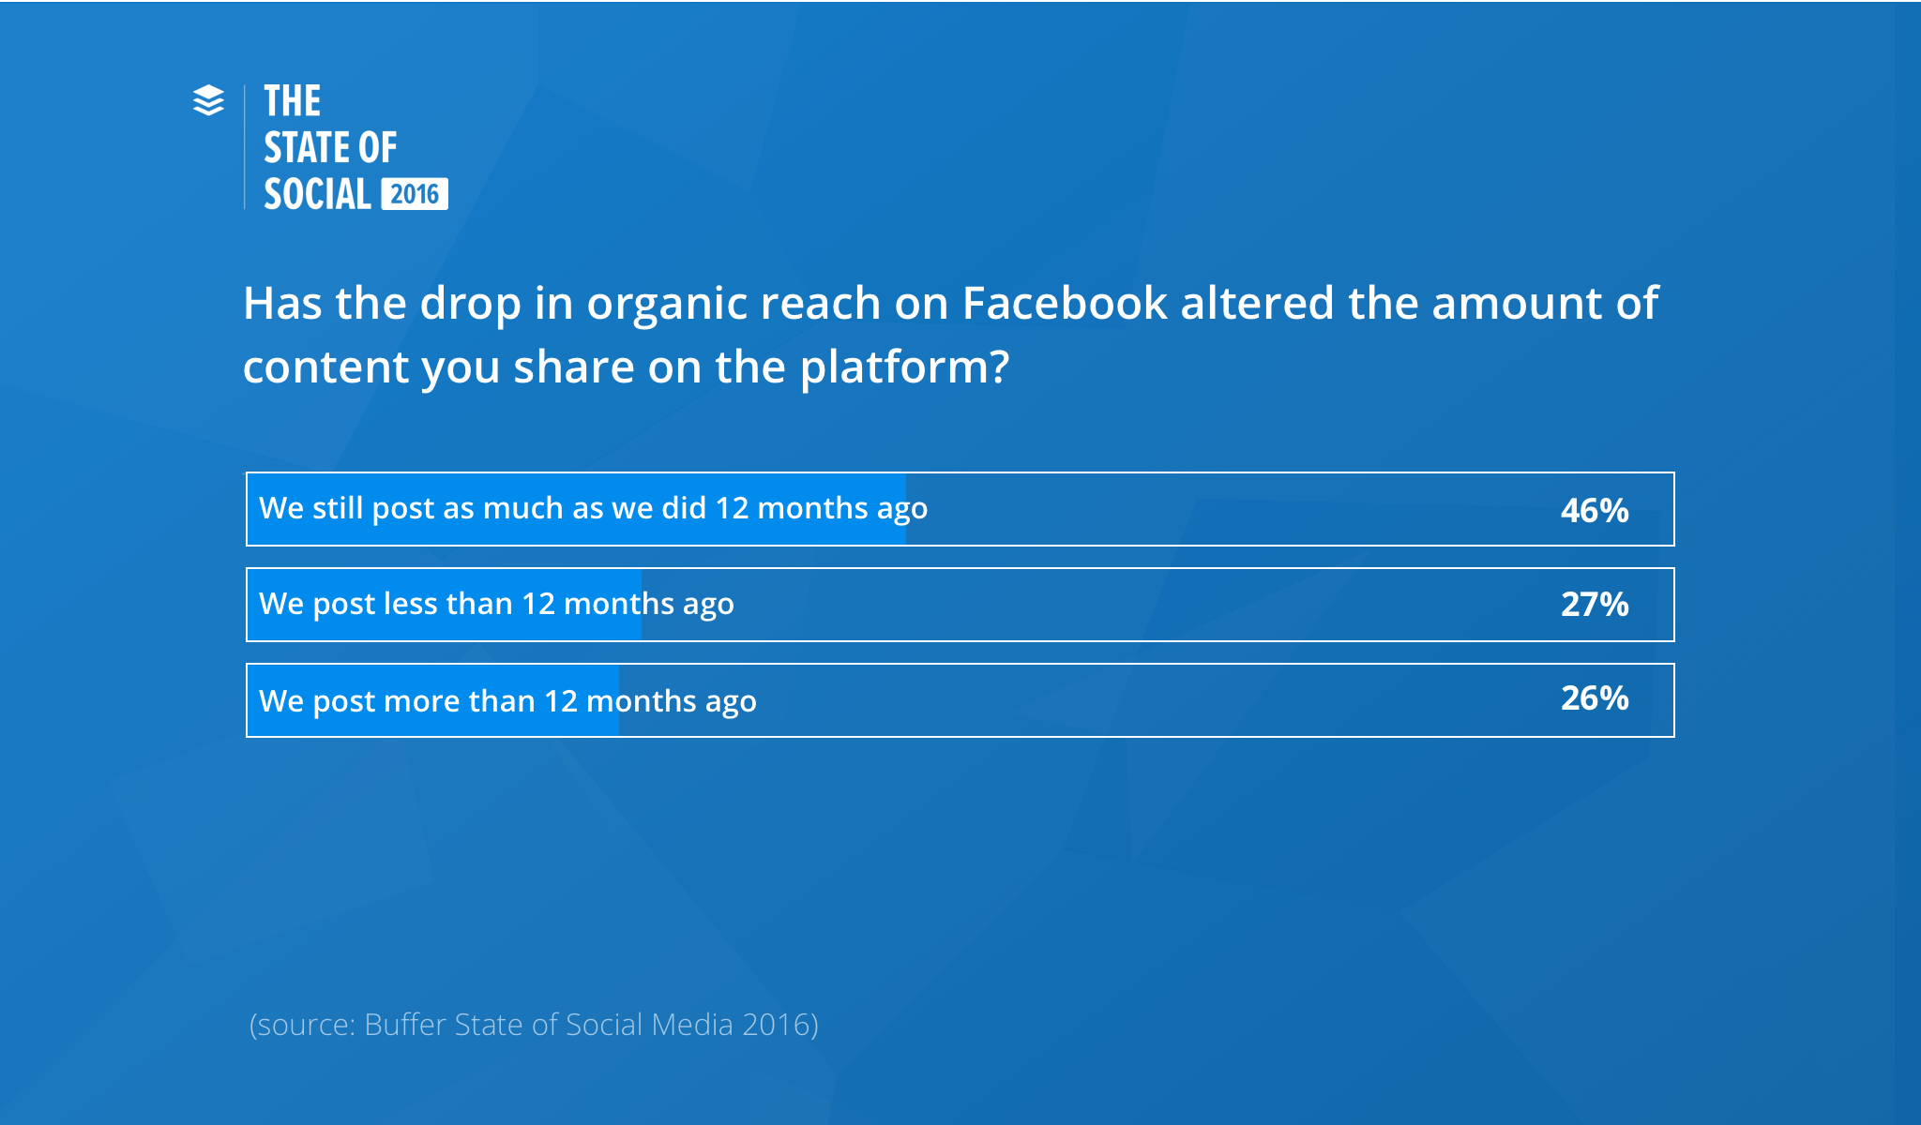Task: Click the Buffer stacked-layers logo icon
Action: [x=208, y=100]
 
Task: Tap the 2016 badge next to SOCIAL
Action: [x=415, y=194]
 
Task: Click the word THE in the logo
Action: [x=292, y=101]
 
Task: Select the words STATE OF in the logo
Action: [x=330, y=148]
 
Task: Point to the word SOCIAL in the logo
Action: [x=317, y=195]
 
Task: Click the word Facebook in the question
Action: [x=1064, y=304]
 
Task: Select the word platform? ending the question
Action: [x=904, y=367]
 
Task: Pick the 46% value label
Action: [x=1594, y=510]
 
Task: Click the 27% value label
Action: [x=1594, y=605]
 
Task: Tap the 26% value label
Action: [x=1594, y=698]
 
